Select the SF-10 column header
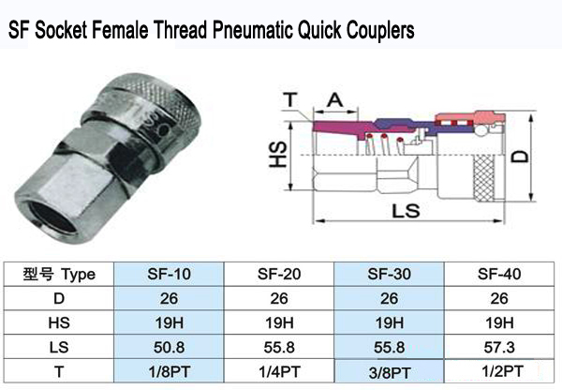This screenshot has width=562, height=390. [x=169, y=275]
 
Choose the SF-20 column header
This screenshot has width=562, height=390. [x=278, y=275]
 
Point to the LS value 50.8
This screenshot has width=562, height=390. [x=169, y=345]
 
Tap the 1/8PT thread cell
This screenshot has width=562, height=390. [x=169, y=369]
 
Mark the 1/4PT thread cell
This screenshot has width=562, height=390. [x=278, y=369]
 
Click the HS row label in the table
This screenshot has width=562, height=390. [x=58, y=322]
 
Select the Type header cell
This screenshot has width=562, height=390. [x=58, y=275]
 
